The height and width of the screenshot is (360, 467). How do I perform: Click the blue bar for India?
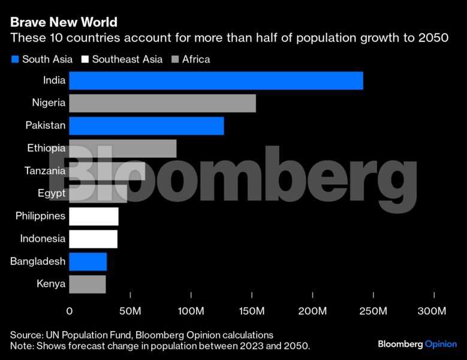tap(216, 80)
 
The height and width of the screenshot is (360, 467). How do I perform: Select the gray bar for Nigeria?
tap(162, 103)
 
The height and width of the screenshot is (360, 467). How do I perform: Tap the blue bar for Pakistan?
tap(146, 126)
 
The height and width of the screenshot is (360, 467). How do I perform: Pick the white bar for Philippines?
tap(94, 216)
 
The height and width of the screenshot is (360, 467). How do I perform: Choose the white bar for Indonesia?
tap(93, 239)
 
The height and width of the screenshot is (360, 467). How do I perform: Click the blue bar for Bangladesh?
tap(88, 262)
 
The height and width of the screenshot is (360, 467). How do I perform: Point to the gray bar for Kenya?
tap(87, 284)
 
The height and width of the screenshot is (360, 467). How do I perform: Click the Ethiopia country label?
tap(46, 148)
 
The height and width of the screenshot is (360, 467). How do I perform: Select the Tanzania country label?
tap(45, 171)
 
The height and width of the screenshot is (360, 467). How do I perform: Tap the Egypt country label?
tap(51, 193)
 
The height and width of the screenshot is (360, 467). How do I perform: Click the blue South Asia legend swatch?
tap(14, 59)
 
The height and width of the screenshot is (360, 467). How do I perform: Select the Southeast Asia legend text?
tap(127, 59)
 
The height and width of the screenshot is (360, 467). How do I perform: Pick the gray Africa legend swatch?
tap(175, 59)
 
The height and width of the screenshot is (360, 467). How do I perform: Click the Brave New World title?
tap(64, 23)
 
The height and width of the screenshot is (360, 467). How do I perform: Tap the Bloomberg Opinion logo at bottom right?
tap(417, 344)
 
